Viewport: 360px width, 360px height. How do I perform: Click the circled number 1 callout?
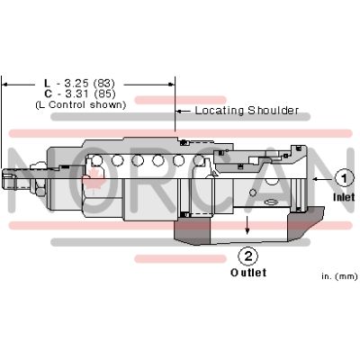click(345, 178)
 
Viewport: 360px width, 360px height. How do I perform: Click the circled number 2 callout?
click(247, 256)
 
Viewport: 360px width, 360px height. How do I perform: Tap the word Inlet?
click(344, 197)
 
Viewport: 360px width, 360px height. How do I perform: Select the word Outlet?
click(248, 273)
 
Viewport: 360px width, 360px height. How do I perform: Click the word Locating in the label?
click(220, 111)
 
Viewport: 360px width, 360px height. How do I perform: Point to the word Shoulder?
click(273, 111)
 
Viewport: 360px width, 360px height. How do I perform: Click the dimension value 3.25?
click(76, 83)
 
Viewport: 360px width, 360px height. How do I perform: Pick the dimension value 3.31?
click(76, 94)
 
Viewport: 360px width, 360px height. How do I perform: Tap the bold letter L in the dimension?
click(47, 83)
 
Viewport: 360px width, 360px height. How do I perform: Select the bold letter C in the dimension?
click(48, 94)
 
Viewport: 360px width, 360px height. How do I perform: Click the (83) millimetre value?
click(103, 83)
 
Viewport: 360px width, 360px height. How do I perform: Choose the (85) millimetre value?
click(104, 94)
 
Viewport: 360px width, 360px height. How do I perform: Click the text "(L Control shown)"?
click(80, 105)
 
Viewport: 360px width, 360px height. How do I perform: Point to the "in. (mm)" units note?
click(339, 276)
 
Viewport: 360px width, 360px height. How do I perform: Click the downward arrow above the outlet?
click(247, 225)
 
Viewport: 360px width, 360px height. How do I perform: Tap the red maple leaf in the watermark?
click(94, 178)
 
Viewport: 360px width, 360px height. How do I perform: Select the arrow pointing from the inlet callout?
click(323, 179)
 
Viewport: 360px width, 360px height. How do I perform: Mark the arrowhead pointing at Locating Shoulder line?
click(177, 111)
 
